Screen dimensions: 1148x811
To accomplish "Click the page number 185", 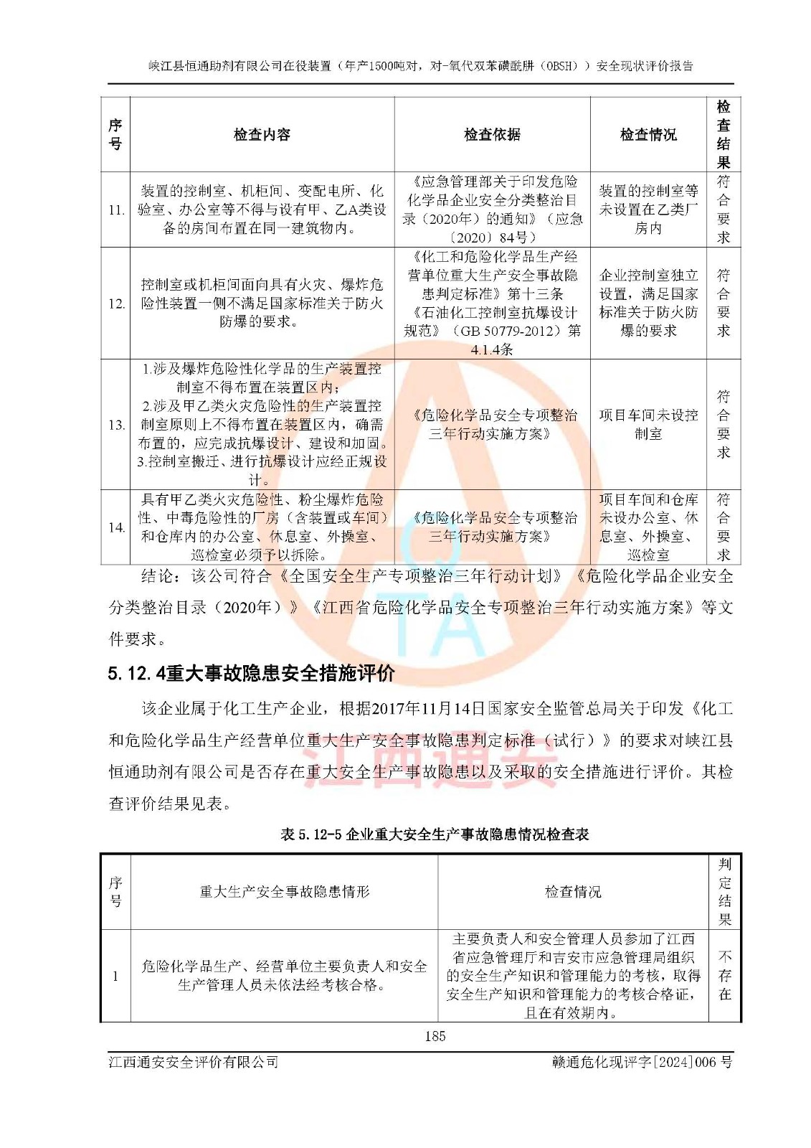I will pos(435,1035).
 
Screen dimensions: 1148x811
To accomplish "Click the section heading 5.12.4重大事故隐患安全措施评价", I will pos(251,673).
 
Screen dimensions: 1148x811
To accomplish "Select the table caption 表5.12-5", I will pos(434,834).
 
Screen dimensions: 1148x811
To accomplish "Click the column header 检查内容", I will pos(262,135).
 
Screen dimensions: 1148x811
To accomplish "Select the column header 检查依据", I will pos(492,135).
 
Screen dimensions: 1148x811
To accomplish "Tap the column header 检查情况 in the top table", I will pos(648,135).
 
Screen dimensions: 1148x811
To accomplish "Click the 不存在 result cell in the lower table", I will pos(724,976).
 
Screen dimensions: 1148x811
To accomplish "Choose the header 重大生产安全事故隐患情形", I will pos(284,892).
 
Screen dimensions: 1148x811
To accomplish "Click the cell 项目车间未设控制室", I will pos(648,425).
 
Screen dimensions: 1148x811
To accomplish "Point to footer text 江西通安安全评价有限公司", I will pos(194,1062).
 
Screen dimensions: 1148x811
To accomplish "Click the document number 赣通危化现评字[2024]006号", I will pos(642,1062).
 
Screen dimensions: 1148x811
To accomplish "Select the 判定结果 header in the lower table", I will pos(724,892).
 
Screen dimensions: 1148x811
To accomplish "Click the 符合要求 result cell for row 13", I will pos(724,425).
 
